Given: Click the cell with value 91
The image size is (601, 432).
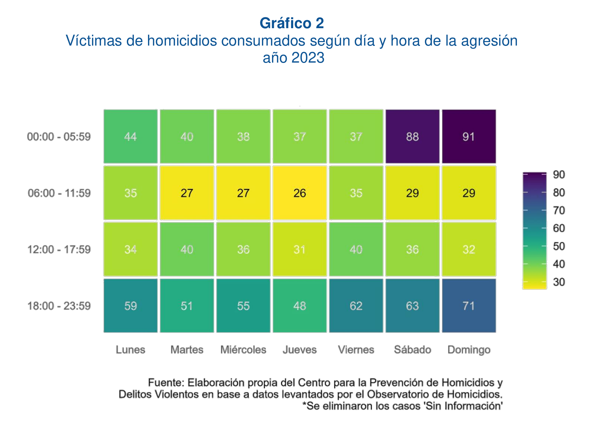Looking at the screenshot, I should point(469,136).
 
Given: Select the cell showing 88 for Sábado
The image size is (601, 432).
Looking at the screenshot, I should point(412,136).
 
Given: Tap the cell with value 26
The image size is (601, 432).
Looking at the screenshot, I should point(299,193).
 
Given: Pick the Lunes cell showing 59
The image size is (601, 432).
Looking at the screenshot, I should point(131,306).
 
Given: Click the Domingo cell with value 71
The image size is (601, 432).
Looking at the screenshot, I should point(469,306).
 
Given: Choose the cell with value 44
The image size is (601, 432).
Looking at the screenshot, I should point(131,136).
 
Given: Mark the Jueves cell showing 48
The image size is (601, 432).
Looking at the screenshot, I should point(299,306).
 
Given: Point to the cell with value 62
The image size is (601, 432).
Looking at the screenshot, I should point(356,306).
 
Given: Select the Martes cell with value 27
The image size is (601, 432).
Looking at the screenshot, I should point(187,193).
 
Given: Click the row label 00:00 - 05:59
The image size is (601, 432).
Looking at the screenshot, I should point(59,137).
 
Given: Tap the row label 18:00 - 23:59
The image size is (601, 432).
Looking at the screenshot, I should point(59,306).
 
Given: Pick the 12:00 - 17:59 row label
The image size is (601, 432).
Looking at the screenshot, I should point(59,249).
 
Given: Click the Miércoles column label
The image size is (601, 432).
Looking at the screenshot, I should point(243,350).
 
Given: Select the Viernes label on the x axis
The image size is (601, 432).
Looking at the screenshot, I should point(356,350).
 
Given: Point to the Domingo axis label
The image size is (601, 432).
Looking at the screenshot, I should point(469,350).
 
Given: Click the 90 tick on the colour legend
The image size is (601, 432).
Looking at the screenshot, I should point(559,175).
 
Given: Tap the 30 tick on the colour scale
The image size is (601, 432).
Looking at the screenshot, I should point(559,282).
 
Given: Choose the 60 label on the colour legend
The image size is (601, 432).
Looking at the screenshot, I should point(559,228).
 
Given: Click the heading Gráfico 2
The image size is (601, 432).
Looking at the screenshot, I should point(292,23).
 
